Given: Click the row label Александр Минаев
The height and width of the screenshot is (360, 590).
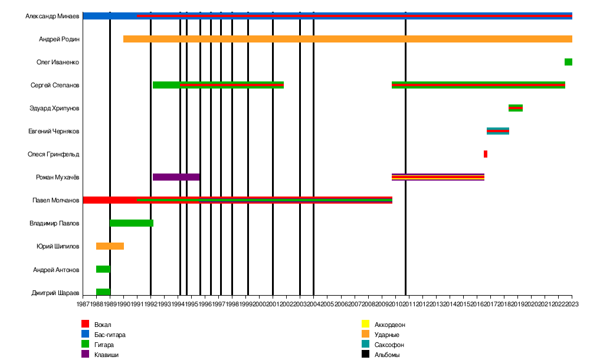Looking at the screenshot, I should click(x=52, y=17).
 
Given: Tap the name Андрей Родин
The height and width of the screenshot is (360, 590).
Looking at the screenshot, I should click(x=59, y=40).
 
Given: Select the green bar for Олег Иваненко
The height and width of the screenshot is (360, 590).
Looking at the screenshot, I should click(x=568, y=62).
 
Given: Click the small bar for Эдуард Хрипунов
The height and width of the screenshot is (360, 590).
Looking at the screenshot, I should click(x=515, y=108).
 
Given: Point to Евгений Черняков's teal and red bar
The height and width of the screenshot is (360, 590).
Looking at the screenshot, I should click(x=497, y=131).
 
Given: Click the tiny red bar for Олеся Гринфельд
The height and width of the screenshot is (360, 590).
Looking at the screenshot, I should click(x=485, y=154).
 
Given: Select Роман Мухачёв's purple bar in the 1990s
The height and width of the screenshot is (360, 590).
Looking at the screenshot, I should click(x=176, y=177).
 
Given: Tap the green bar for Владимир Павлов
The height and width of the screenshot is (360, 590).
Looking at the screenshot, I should click(x=132, y=223).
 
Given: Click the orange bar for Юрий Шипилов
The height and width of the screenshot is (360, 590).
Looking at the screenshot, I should click(x=110, y=246).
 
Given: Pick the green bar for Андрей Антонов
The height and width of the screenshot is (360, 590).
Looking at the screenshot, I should click(x=103, y=269).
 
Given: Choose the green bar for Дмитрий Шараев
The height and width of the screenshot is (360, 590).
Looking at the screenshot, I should click(x=103, y=292).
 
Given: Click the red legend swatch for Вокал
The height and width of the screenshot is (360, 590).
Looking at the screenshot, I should click(x=85, y=324).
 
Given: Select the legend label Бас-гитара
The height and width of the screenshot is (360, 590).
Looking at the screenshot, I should click(x=110, y=335).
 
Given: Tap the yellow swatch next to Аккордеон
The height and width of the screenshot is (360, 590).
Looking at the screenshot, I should click(x=365, y=324).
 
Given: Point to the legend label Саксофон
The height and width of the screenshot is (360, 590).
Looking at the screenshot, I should click(x=389, y=345).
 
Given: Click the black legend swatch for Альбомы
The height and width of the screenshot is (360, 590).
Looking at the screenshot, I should click(x=365, y=355).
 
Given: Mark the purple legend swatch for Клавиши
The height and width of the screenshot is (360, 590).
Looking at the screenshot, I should click(x=85, y=355).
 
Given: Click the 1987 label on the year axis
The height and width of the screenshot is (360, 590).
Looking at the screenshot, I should click(x=83, y=305).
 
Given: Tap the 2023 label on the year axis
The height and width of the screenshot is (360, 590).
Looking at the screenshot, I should click(x=572, y=305).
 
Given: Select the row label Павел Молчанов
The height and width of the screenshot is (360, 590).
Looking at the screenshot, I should click(x=55, y=201).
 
